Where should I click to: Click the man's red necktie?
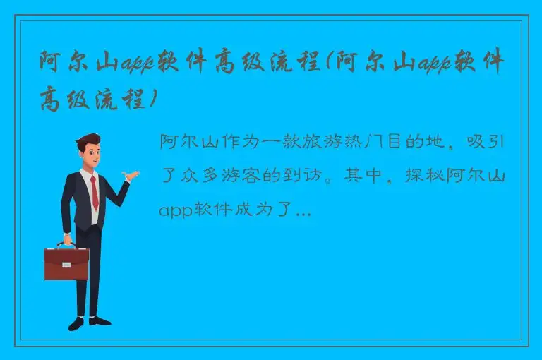tap(94, 191)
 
